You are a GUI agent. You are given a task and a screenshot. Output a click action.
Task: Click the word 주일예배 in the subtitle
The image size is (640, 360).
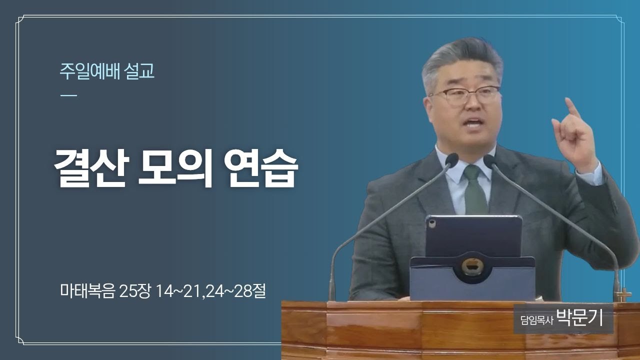click(89, 71)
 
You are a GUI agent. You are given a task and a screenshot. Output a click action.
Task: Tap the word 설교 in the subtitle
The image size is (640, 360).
click(139, 71)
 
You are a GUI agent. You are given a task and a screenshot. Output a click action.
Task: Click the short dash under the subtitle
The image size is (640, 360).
click(69, 95)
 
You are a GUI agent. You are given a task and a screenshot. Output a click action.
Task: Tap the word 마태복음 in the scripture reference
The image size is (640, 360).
click(87, 291)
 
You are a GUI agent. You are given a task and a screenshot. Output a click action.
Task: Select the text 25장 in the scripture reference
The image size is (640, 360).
click(134, 291)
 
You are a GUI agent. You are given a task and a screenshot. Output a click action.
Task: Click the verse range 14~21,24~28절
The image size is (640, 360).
click(211, 291)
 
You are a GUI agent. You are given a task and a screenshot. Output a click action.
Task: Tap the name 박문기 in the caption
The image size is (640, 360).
click(580, 318)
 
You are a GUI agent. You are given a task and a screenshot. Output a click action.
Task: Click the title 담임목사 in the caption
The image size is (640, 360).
click(537, 320)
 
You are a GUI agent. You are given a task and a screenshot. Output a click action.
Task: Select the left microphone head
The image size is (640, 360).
click(451, 160)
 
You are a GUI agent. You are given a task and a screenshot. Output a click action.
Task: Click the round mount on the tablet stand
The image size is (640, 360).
click(473, 266)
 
